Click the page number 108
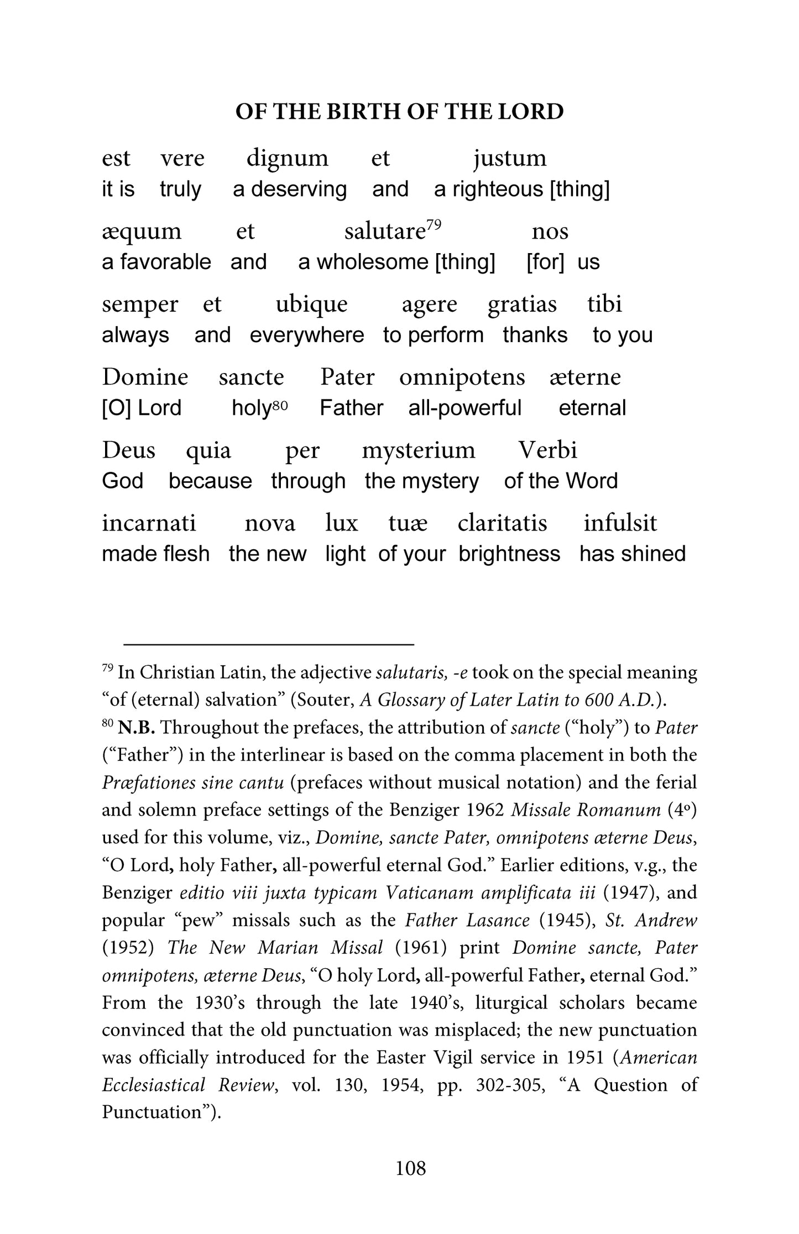[x=411, y=1168]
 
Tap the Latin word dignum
[x=287, y=158]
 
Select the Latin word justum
[x=510, y=158]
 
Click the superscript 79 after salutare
[x=434, y=224]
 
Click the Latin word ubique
[x=311, y=304]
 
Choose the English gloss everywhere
[x=307, y=335]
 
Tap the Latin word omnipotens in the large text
[x=462, y=377]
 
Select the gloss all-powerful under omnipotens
[x=464, y=408]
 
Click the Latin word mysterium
[x=419, y=450]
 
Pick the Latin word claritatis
[x=502, y=523]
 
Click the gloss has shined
[x=632, y=554]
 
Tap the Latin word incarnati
[x=149, y=523]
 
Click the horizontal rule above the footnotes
[x=269, y=644]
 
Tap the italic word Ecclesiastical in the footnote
[x=154, y=1085]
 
